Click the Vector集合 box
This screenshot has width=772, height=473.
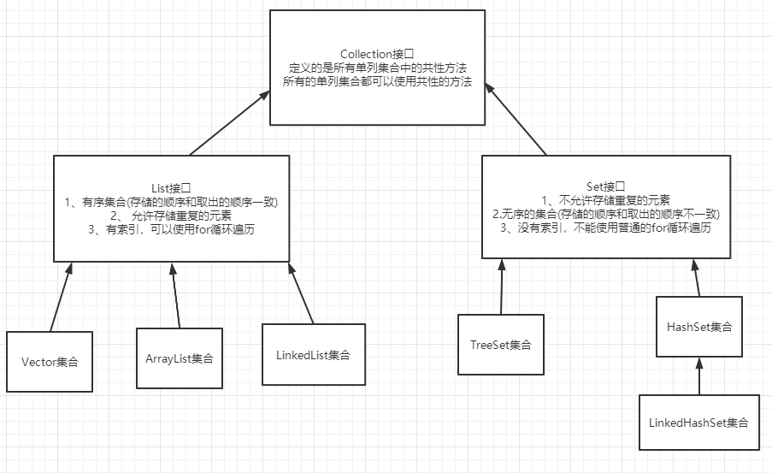tap(50, 361)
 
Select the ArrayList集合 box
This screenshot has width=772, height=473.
tap(179, 358)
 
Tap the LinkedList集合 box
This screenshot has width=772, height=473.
tap(314, 354)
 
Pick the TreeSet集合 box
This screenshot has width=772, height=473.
tap(501, 345)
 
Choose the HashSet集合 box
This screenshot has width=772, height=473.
tap(699, 328)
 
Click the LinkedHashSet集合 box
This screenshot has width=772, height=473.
tap(699, 423)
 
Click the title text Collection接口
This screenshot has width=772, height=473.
tap(377, 54)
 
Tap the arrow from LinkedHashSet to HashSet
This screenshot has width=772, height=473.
tap(699, 377)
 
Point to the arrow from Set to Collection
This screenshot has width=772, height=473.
tap(516, 119)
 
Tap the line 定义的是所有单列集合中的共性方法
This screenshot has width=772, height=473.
tap(377, 68)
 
